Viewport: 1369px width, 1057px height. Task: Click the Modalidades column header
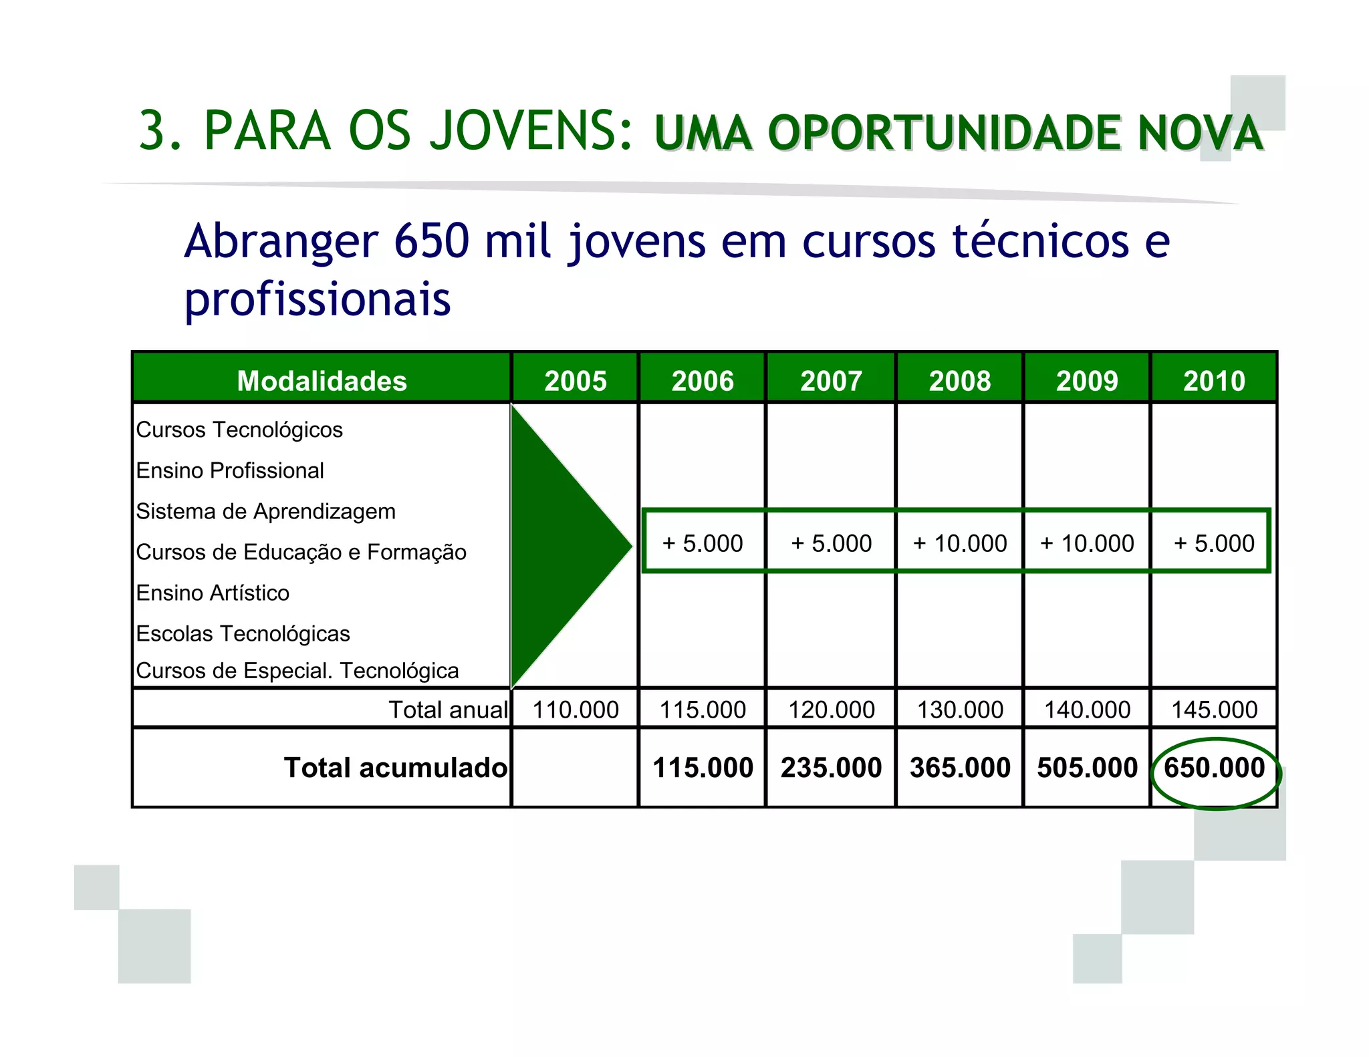tap(322, 380)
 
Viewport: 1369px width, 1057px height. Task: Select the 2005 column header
tap(575, 380)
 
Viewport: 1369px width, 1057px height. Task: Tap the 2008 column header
tap(959, 380)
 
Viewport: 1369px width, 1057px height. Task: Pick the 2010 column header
tap(1214, 380)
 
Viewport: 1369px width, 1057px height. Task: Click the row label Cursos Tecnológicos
tap(239, 430)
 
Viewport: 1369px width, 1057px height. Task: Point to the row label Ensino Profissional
tap(230, 470)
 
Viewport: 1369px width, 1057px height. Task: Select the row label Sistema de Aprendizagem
tap(265, 511)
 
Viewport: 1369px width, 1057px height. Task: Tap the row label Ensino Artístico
tap(213, 593)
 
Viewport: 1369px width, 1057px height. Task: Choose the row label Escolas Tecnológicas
tap(243, 633)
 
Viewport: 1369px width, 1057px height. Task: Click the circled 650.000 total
tap(1214, 768)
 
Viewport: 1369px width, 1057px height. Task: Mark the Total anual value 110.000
tap(575, 710)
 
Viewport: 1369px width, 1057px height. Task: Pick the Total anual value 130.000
tap(959, 710)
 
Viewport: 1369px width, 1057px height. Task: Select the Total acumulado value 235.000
tap(831, 768)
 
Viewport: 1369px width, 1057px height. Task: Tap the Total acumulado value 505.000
tap(1087, 768)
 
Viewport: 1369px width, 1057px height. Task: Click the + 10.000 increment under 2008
tap(959, 543)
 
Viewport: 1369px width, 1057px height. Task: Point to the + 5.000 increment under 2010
tap(1214, 543)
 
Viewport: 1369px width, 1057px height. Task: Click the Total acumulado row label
tap(395, 768)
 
